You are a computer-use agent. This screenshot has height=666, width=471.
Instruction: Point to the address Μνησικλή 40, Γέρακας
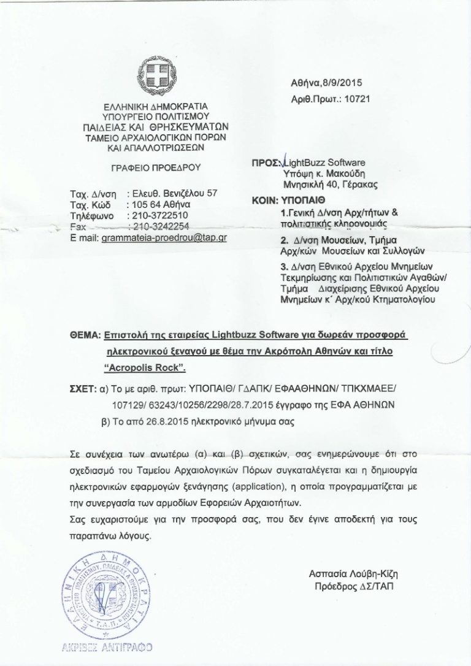330,183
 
